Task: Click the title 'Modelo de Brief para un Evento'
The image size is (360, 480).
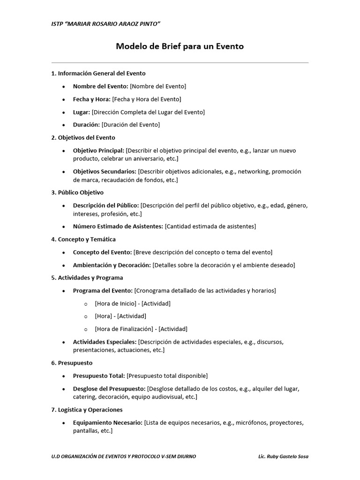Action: (180, 46)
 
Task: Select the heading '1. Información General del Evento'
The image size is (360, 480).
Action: (98, 73)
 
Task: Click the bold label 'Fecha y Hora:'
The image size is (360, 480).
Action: (92, 99)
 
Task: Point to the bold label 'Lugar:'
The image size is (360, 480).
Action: (82, 112)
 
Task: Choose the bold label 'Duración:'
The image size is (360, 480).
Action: (86, 125)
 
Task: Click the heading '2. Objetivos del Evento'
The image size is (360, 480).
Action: (83, 138)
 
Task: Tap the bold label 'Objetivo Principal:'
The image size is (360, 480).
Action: (99, 150)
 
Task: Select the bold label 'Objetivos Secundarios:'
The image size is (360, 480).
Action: (105, 172)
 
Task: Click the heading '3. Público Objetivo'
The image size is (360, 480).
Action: (77, 193)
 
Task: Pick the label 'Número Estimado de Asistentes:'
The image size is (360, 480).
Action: (118, 226)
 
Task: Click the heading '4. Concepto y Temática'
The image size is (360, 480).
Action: (83, 240)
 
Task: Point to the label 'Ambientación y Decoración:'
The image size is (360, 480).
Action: (112, 265)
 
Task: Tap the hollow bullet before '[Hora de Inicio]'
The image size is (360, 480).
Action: (86, 304)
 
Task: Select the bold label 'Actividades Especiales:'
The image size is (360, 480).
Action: (105, 342)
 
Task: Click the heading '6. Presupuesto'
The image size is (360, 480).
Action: (72, 363)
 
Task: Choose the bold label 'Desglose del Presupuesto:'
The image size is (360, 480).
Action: (109, 389)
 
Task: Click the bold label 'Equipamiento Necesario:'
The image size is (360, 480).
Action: (108, 423)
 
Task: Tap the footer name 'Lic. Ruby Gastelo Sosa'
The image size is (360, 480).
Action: (283, 457)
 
